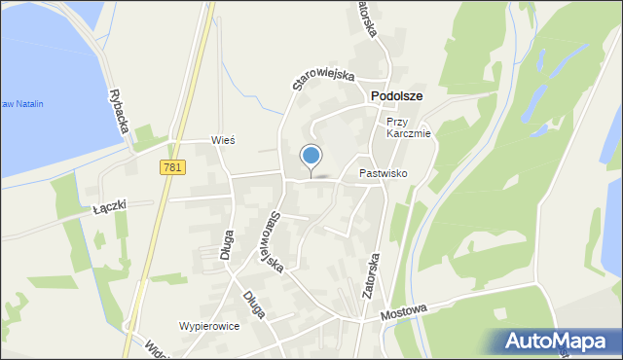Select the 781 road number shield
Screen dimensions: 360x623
coord(172,168)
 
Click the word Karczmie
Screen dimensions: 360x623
coord(408,134)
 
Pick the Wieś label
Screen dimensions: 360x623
coord(225,140)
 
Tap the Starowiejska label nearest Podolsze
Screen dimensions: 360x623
coord(324,78)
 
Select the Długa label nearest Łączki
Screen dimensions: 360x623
coord(227,249)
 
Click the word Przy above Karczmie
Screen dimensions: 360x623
coord(395,122)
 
